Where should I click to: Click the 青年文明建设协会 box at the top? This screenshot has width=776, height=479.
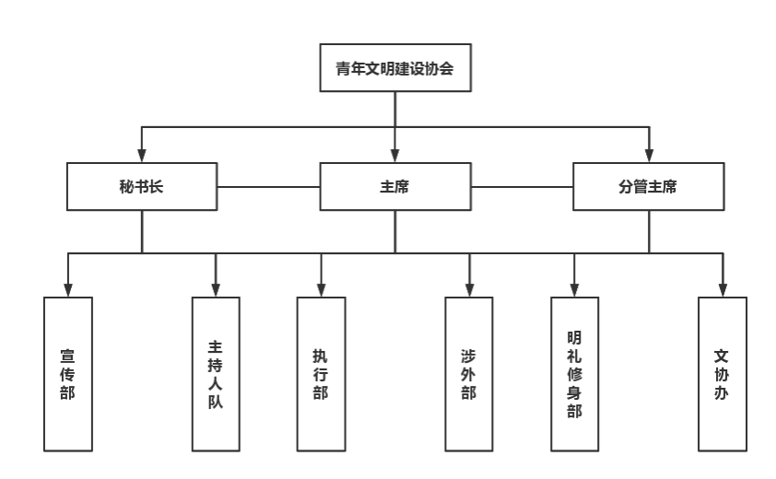pyautogui.click(x=395, y=68)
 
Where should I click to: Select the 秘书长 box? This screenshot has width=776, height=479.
pyautogui.click(x=142, y=187)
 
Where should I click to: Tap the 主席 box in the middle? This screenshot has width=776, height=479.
pyautogui.click(x=395, y=187)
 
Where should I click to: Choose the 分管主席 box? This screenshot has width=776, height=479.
pyautogui.click(x=648, y=187)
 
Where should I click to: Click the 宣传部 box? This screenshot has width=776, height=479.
pyautogui.click(x=68, y=374)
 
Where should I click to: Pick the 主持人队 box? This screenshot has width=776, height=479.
pyautogui.click(x=216, y=374)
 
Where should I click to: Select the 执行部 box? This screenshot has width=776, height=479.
pyautogui.click(x=321, y=374)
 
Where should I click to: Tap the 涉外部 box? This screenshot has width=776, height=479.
pyautogui.click(x=469, y=374)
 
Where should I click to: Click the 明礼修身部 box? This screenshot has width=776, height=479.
pyautogui.click(x=574, y=374)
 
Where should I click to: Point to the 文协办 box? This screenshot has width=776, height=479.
pyautogui.click(x=722, y=374)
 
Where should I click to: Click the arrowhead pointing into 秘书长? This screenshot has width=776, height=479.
pyautogui.click(x=142, y=156)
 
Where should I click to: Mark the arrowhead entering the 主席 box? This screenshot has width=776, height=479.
pyautogui.click(x=395, y=156)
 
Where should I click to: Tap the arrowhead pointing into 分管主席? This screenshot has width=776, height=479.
pyautogui.click(x=649, y=156)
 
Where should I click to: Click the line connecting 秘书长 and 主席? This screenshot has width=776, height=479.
pyautogui.click(x=269, y=187)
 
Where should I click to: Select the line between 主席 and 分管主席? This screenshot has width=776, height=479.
pyautogui.click(x=523, y=187)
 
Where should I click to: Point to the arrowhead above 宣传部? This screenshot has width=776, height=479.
pyautogui.click(x=68, y=290)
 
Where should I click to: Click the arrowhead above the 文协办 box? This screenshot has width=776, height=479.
pyautogui.click(x=723, y=290)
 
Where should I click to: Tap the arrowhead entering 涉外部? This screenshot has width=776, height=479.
pyautogui.click(x=469, y=290)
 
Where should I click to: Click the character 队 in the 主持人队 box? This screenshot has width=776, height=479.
pyautogui.click(x=216, y=402)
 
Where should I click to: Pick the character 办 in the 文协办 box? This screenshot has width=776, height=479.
pyautogui.click(x=721, y=392)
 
